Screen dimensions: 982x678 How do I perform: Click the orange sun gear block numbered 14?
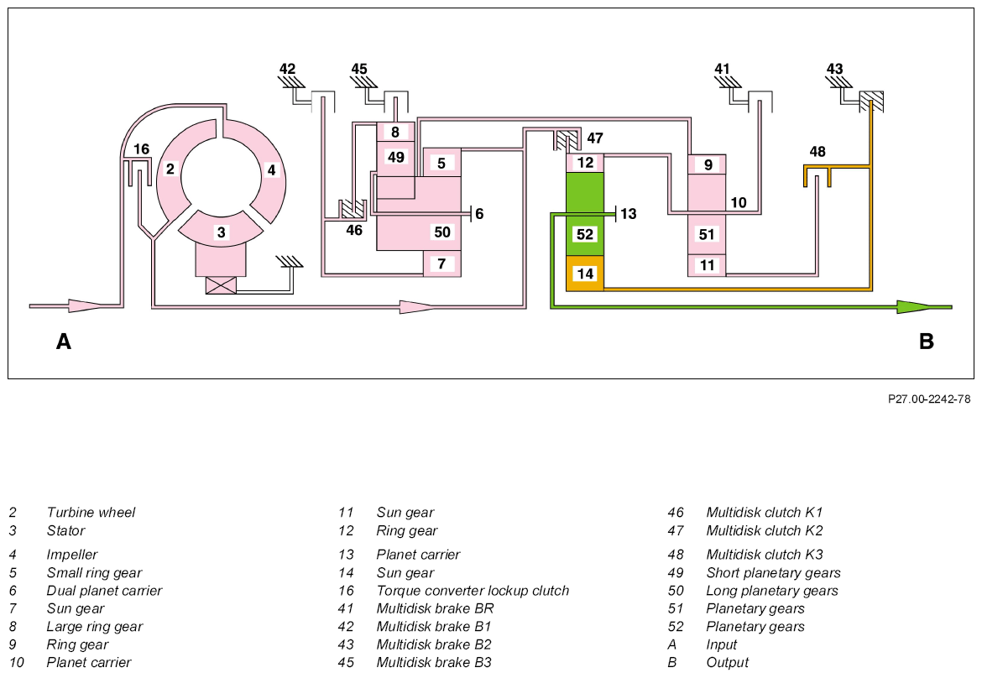point(585,274)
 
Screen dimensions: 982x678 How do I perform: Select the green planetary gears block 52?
point(585,213)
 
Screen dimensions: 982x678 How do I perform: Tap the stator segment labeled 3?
point(221,232)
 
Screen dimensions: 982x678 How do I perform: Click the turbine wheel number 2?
point(170,169)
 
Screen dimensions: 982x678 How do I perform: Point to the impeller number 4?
point(271,169)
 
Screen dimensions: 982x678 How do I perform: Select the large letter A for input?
point(63,342)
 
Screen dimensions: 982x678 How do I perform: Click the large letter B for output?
point(927,342)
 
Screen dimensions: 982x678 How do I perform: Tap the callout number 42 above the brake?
point(287,69)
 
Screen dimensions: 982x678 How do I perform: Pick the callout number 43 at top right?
point(835,69)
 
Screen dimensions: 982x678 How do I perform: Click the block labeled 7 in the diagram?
point(442,263)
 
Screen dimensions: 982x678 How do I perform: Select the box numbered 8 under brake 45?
point(395,132)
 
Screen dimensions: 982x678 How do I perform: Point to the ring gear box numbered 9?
point(707,164)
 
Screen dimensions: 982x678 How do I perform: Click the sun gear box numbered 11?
point(707,265)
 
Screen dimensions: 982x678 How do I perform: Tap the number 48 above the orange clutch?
point(817,152)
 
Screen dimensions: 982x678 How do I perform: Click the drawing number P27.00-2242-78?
point(929,399)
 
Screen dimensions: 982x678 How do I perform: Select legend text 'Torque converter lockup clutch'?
point(473,591)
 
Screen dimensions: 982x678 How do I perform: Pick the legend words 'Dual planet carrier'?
point(104,591)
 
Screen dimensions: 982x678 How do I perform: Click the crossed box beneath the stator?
point(221,284)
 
